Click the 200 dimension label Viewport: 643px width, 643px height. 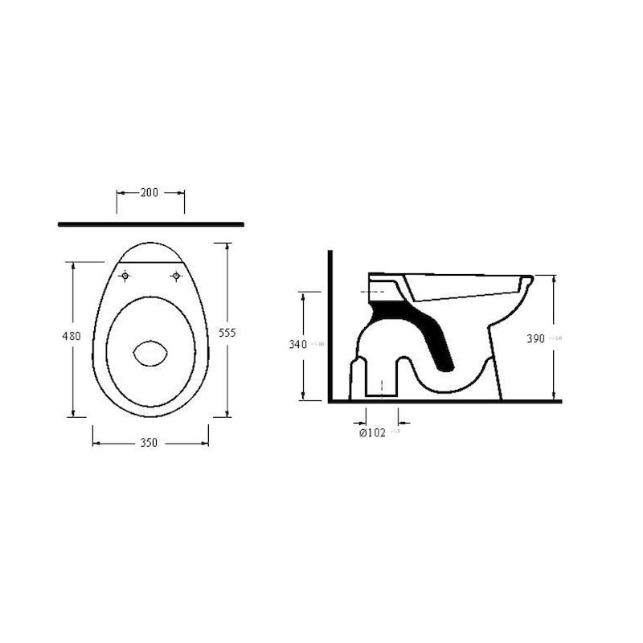149,192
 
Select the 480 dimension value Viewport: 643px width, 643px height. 72,336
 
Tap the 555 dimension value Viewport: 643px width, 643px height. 227,333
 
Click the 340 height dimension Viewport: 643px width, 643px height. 298,345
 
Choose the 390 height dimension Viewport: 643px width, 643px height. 536,338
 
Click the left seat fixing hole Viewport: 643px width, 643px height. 125,276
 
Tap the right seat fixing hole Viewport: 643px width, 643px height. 176,276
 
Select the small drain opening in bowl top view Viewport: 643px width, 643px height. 149,354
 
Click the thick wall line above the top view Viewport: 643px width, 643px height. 151,224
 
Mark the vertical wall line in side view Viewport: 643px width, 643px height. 330,321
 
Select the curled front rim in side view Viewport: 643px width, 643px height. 526,283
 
